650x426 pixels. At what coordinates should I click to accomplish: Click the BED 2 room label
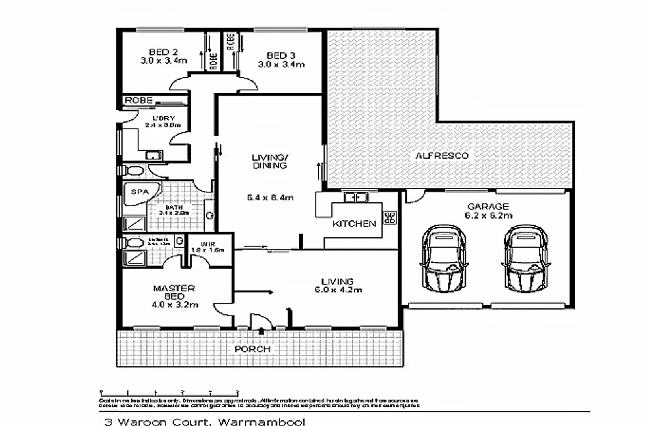(x=163, y=52)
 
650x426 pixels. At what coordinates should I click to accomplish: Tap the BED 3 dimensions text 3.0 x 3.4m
(x=281, y=64)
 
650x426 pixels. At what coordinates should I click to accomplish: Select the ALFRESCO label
(x=442, y=155)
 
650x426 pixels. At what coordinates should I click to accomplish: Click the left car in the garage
(x=444, y=258)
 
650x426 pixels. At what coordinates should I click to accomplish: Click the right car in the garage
(x=526, y=258)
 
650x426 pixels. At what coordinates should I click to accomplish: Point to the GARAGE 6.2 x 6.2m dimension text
(x=488, y=215)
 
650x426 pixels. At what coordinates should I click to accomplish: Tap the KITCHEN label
(x=354, y=224)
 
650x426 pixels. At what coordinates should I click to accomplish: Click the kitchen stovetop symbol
(x=390, y=217)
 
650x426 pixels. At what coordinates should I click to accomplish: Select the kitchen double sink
(x=356, y=196)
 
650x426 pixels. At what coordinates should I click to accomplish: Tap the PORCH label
(x=252, y=349)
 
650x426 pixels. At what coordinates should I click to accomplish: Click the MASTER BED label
(x=174, y=292)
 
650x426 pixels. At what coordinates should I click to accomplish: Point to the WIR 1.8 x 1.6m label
(x=208, y=247)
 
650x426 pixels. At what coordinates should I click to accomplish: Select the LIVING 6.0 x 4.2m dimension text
(x=338, y=290)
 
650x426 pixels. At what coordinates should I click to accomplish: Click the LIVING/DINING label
(x=270, y=161)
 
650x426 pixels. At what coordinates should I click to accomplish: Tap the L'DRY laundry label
(x=164, y=118)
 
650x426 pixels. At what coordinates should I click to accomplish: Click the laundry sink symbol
(x=153, y=155)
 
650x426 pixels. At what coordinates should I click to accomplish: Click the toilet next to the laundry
(x=132, y=170)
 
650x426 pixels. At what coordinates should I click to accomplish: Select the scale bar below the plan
(x=170, y=393)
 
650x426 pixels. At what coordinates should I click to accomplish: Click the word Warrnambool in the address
(x=261, y=422)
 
